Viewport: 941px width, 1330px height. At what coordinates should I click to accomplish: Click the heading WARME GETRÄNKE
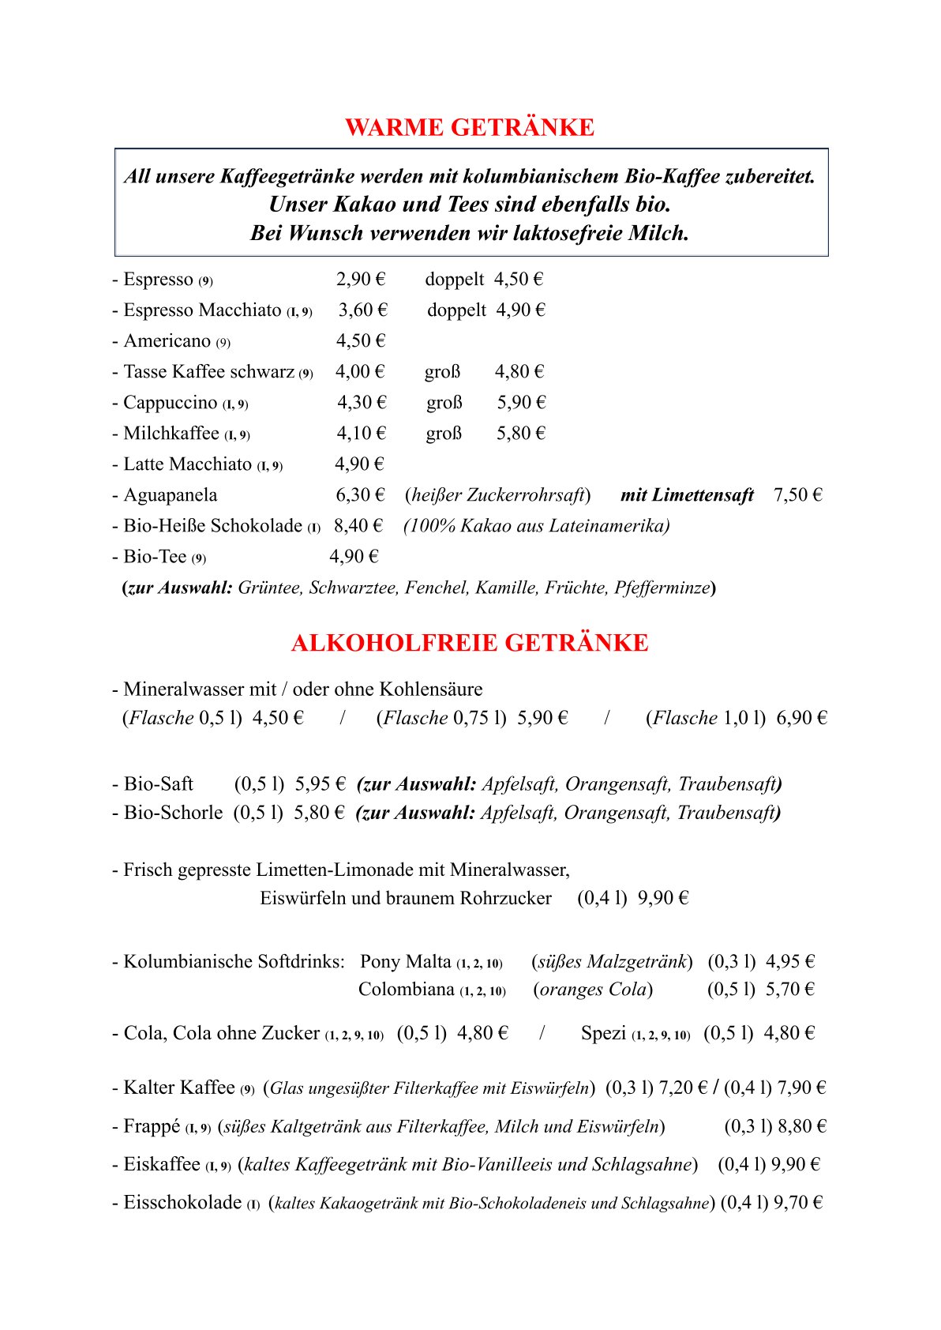pyautogui.click(x=470, y=127)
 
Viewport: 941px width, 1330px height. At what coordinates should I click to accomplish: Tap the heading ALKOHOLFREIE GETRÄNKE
pyautogui.click(x=470, y=643)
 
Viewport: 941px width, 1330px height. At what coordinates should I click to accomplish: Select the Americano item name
pyautogui.click(x=167, y=341)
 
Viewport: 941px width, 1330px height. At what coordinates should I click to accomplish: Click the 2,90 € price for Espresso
pyautogui.click(x=361, y=280)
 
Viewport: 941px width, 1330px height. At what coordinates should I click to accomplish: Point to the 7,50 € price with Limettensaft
pyautogui.click(x=798, y=495)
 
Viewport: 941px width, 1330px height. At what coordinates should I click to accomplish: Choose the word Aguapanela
pyautogui.click(x=170, y=495)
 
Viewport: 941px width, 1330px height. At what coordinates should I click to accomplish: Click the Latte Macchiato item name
pyautogui.click(x=187, y=464)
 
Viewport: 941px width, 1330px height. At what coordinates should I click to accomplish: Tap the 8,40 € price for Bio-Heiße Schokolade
pyautogui.click(x=358, y=526)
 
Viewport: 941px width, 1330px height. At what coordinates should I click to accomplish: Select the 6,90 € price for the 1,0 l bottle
pyautogui.click(x=802, y=718)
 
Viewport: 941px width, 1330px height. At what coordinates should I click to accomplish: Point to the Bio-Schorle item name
pyautogui.click(x=173, y=813)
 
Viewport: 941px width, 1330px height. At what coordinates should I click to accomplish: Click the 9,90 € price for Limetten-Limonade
pyautogui.click(x=663, y=898)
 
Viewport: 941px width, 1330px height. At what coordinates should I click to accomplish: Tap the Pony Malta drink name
pyautogui.click(x=405, y=961)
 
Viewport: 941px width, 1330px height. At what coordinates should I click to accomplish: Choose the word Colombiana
pyautogui.click(x=406, y=990)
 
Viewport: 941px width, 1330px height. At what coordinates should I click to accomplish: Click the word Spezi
pyautogui.click(x=603, y=1033)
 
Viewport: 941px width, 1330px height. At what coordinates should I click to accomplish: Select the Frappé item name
pyautogui.click(x=152, y=1126)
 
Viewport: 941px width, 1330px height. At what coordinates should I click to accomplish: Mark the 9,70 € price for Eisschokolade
pyautogui.click(x=798, y=1203)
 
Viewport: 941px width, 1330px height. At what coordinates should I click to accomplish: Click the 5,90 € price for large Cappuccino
pyautogui.click(x=521, y=403)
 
